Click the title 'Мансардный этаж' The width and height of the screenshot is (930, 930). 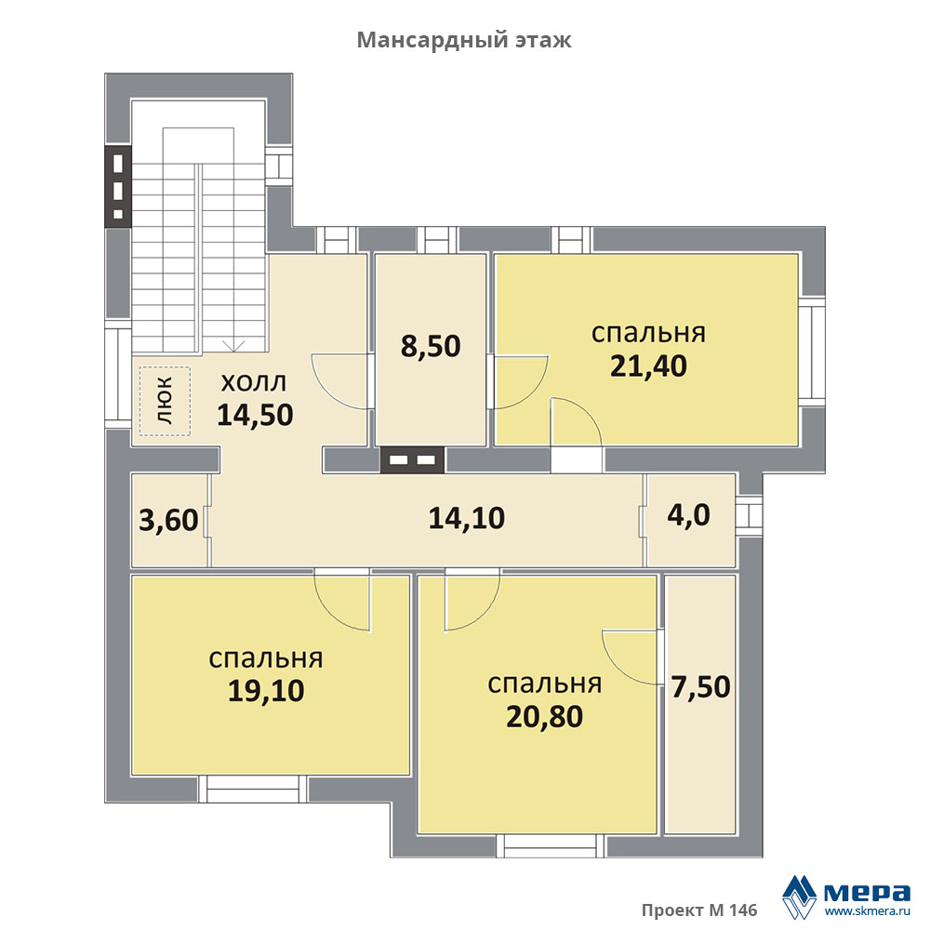464,40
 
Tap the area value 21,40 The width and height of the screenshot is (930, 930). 648,365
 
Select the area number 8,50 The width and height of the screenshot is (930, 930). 431,346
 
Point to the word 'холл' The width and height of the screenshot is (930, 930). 253,382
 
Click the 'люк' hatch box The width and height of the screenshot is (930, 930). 165,401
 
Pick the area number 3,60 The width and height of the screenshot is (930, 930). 168,520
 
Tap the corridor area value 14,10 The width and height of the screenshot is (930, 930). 467,518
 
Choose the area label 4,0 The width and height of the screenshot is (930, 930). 688,515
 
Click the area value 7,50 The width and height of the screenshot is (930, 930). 700,687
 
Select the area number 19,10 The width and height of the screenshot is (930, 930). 266,690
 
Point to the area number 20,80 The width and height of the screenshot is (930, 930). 544,716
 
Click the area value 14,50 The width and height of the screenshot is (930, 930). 255,415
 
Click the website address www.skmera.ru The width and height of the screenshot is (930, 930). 867,911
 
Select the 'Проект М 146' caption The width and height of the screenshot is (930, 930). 699,910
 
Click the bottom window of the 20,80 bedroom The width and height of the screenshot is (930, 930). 551,845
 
